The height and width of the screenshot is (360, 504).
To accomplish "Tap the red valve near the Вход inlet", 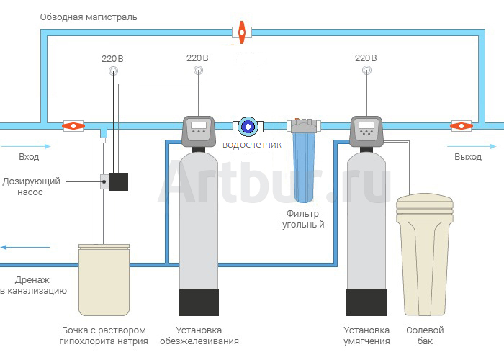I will (72, 126).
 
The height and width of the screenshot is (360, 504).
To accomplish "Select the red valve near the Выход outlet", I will (461, 126).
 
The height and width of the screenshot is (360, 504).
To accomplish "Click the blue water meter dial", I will (248, 127).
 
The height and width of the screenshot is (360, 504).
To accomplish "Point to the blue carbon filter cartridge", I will (305, 169).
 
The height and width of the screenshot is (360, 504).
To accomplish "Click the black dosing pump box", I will (118, 181).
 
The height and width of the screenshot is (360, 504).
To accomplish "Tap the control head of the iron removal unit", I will (199, 130).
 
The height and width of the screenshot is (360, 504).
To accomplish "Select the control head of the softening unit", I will (367, 130).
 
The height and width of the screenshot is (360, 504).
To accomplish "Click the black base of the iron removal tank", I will (199, 302).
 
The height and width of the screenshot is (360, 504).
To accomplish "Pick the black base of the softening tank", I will (367, 302).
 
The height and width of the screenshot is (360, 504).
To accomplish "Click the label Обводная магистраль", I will (89, 17).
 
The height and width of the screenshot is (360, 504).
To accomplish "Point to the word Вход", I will (29, 156).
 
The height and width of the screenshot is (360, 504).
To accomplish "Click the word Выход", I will (468, 156).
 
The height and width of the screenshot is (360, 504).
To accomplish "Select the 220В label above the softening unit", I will (366, 58).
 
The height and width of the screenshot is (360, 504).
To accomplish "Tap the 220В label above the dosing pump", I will (114, 58).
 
